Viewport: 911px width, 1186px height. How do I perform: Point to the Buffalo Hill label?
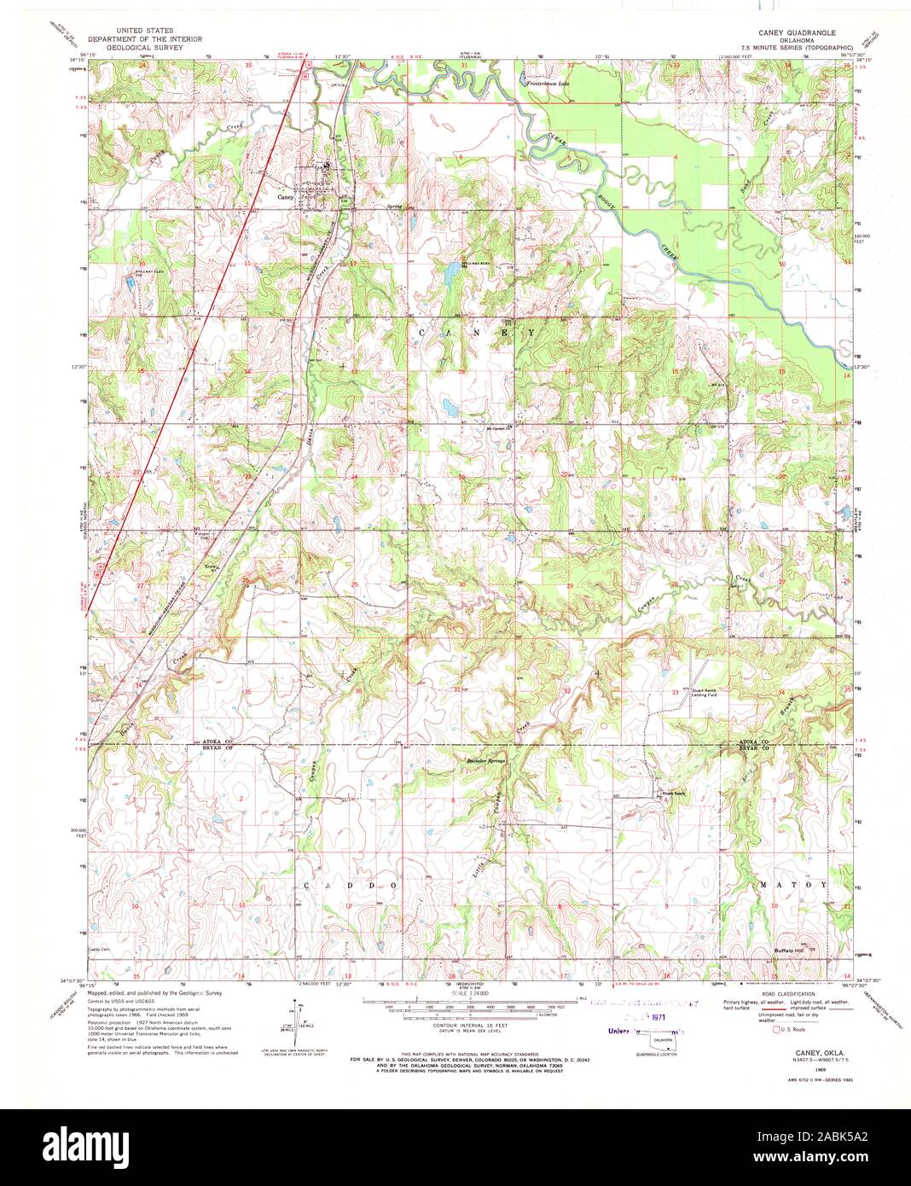pos(788,950)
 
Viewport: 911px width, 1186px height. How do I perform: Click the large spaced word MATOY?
pos(792,885)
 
